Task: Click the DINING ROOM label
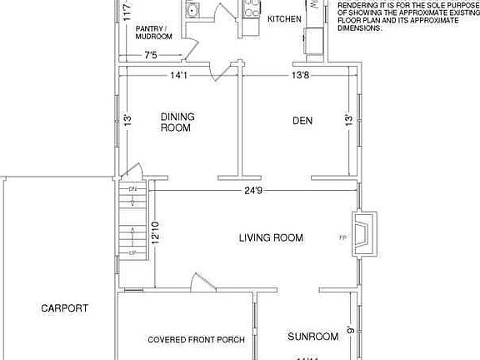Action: pos(176,122)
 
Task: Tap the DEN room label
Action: pos(302,122)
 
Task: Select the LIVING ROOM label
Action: pos(271,238)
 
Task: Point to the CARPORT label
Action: pos(64,308)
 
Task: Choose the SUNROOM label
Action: pos(312,337)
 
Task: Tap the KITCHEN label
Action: pos(283,18)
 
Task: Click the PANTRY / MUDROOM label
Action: pos(154,32)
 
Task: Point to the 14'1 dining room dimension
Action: pos(178,75)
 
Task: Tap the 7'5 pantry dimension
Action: pos(151,56)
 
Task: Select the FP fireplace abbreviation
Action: pos(342,238)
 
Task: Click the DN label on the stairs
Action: pos(132,190)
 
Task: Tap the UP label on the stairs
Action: pos(132,252)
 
